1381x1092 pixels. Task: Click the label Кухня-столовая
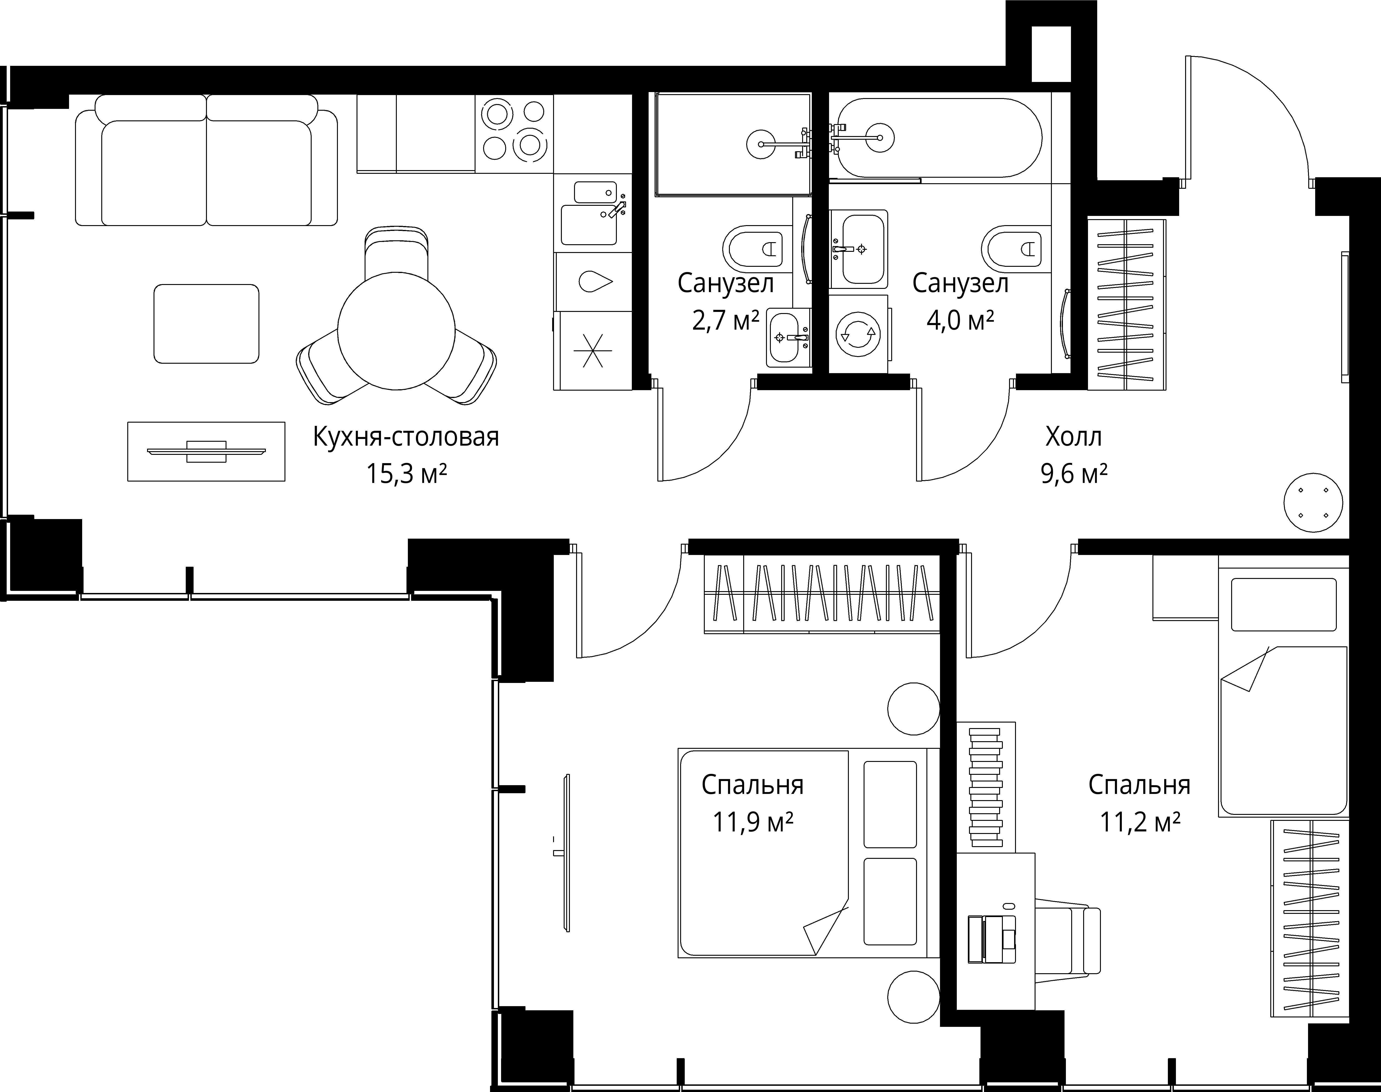[406, 437]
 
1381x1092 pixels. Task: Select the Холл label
[1074, 437]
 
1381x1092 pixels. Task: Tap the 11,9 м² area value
[753, 822]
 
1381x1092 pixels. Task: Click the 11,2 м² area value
[1140, 822]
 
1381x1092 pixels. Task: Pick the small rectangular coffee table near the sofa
[206, 323]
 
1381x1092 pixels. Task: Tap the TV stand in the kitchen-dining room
[206, 451]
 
